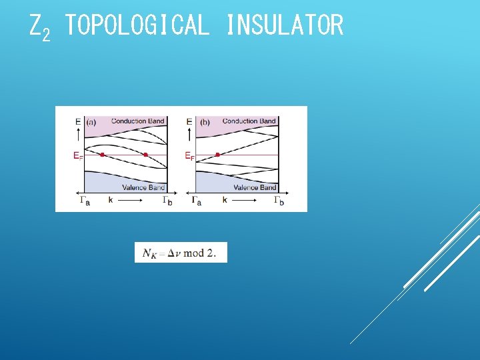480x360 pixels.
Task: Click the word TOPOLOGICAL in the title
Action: pyautogui.click(x=137, y=26)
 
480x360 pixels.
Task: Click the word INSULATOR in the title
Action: pyautogui.click(x=285, y=26)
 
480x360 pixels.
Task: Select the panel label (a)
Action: pyautogui.click(x=91, y=122)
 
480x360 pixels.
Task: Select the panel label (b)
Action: pyautogui.click(x=204, y=122)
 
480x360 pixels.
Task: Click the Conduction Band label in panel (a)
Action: pyautogui.click(x=138, y=121)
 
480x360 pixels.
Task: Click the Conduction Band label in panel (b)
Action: pyautogui.click(x=249, y=121)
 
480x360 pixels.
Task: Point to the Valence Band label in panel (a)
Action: pyautogui.click(x=143, y=188)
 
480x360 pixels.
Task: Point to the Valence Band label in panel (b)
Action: pyautogui.click(x=255, y=188)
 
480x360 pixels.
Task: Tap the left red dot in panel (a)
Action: pyautogui.click(x=102, y=155)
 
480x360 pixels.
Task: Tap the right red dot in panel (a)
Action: pyautogui.click(x=145, y=155)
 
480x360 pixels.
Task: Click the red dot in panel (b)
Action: pyautogui.click(x=218, y=155)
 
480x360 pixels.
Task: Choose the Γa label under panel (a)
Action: pyautogui.click(x=85, y=200)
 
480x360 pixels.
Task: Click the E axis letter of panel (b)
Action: pyautogui.click(x=189, y=122)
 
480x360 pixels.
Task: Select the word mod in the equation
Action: pyautogui.click(x=194, y=253)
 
